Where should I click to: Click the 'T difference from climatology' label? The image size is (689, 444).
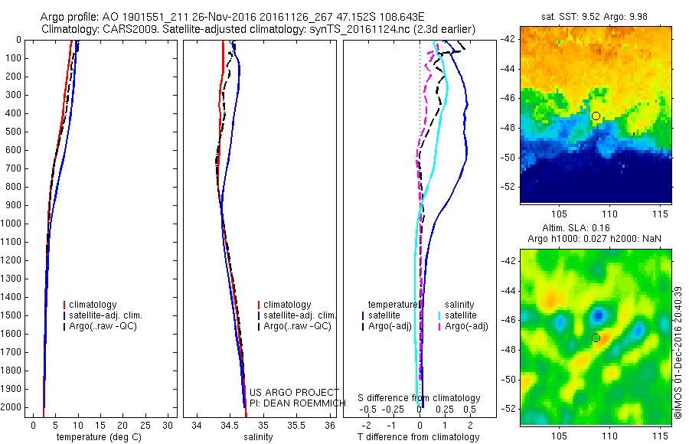[418, 437]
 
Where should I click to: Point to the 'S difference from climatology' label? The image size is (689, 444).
[420, 399]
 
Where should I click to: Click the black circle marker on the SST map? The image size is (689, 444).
[596, 116]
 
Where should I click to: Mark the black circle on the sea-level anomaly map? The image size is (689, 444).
[596, 338]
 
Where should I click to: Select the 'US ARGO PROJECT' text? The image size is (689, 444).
[283, 393]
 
